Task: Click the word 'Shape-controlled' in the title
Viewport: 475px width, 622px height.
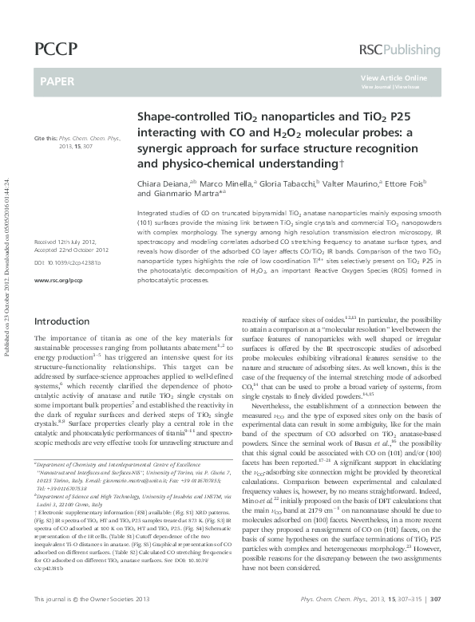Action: coord(176,116)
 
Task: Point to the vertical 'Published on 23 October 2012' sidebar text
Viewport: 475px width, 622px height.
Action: coord(7,239)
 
